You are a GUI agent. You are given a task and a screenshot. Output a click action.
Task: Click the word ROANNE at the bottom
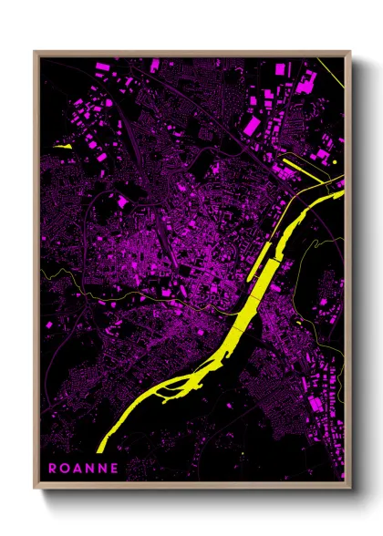tap(83, 469)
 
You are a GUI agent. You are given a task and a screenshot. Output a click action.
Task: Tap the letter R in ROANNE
tap(53, 469)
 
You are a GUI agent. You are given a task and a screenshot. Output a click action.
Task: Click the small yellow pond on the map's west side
tap(63, 144)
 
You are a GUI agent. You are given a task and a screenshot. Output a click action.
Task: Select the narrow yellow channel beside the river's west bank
tap(259, 259)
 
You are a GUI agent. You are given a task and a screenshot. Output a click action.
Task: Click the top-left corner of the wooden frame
tap(35, 52)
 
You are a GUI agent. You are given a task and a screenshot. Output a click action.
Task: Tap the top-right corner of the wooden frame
tap(349, 52)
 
